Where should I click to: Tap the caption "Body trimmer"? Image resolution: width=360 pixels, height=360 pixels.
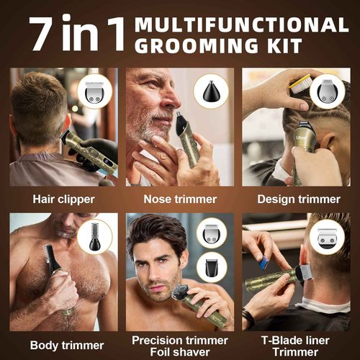(x=63, y=344)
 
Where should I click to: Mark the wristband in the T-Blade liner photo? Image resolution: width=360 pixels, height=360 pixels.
(x=248, y=315)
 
